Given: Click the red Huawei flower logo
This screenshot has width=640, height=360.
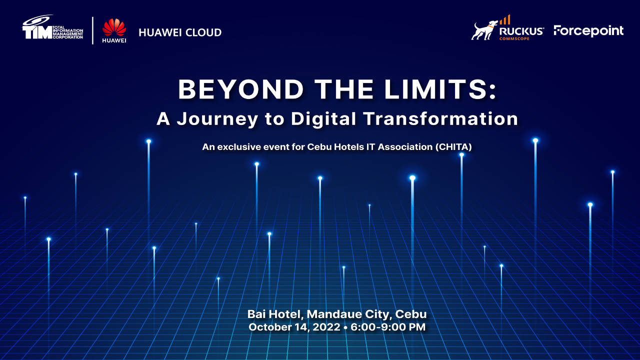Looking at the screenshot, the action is [x=114, y=27].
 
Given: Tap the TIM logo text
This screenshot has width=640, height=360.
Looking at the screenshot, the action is [x=37, y=32].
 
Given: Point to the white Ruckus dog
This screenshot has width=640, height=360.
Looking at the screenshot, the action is [x=484, y=30].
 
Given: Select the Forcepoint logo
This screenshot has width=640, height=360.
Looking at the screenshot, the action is [x=588, y=31].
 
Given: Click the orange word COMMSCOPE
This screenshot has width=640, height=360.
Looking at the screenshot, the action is [x=514, y=38].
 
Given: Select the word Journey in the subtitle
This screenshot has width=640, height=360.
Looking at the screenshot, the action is [x=217, y=119].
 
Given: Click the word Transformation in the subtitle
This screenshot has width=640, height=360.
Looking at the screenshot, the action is [x=440, y=119].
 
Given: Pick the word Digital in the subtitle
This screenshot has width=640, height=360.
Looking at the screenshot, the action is [x=323, y=119].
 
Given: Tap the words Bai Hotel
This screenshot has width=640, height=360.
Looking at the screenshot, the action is [x=274, y=314].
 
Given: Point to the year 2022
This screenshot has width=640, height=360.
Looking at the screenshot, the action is [x=326, y=327].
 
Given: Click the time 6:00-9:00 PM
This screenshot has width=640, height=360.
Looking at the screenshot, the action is [x=388, y=327].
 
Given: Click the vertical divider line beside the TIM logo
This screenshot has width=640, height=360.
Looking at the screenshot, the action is [x=92, y=30].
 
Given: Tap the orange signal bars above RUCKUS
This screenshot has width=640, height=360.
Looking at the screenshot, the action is [x=505, y=19].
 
